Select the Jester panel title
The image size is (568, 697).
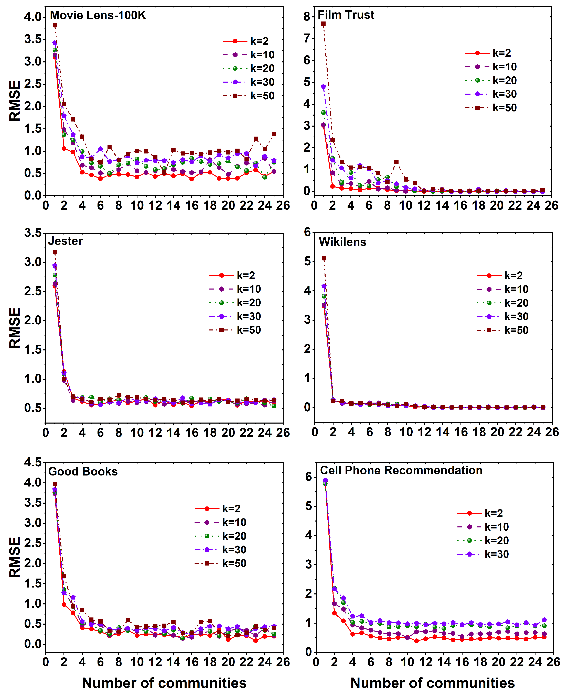click(66, 241)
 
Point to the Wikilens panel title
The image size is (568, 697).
click(342, 242)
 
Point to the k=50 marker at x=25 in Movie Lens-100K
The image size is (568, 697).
click(274, 134)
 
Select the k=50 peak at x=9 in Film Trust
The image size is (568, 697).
click(396, 162)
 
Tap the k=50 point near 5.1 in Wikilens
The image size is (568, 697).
click(324, 258)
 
